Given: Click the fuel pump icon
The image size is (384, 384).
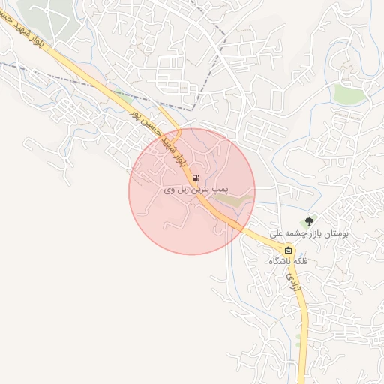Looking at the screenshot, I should coord(196,178).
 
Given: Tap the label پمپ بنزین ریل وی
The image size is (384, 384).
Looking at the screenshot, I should coord(195,191).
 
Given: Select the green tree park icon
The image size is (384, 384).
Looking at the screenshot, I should coord(307,221).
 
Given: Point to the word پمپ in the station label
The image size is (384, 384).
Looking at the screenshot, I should coord(219,191).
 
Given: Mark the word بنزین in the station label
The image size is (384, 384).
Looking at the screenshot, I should coord(201,191).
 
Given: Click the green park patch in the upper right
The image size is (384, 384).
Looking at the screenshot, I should coord(346,94).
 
